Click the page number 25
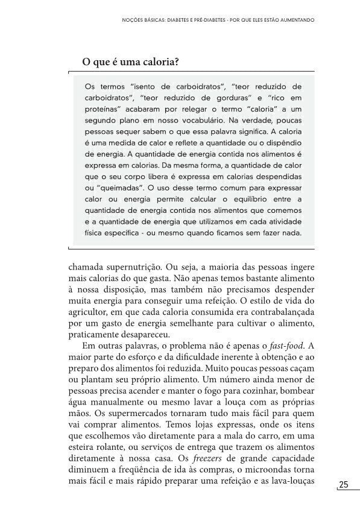click(344, 485)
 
